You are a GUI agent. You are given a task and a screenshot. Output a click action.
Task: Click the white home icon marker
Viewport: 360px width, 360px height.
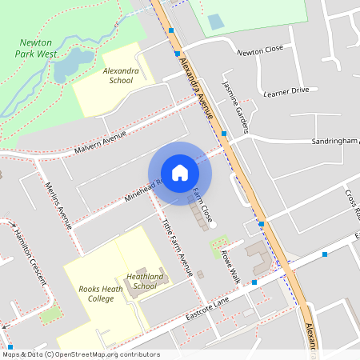[180, 172]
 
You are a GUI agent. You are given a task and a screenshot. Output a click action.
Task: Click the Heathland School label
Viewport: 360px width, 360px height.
[145, 281]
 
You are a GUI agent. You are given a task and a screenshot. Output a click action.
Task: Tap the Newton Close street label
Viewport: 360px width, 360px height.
[260, 50]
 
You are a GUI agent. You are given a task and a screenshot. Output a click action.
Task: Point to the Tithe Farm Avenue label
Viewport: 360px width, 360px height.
[178, 247]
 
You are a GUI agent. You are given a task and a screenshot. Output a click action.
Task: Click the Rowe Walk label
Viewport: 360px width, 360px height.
[230, 267]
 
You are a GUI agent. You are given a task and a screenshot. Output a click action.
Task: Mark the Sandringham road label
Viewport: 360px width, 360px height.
[334, 141]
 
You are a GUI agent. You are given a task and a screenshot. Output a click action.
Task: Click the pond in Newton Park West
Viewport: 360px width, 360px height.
[70, 64]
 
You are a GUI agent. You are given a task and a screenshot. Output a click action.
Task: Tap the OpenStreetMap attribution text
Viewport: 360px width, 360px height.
[81, 354]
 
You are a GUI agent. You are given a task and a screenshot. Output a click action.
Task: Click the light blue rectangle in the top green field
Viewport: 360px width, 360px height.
[216, 22]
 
